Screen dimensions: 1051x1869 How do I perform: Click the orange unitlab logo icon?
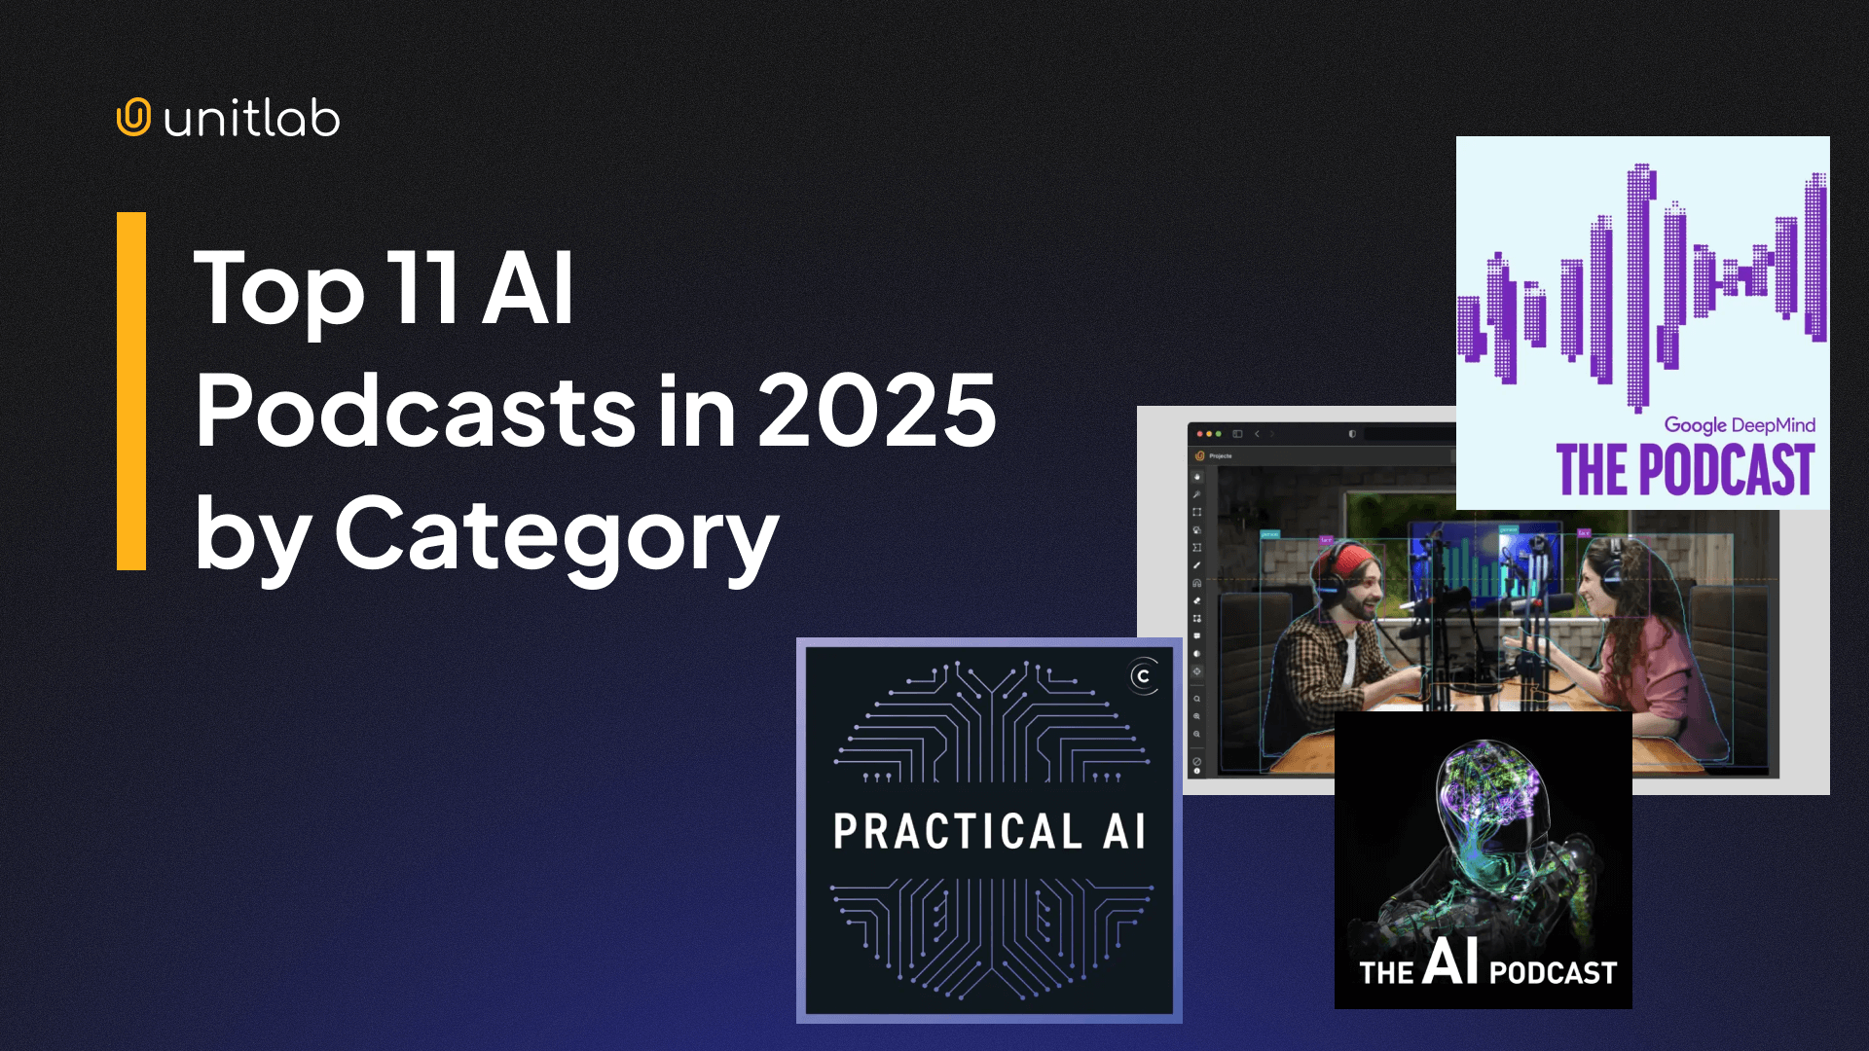point(133,118)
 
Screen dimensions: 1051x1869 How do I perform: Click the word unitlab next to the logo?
point(252,120)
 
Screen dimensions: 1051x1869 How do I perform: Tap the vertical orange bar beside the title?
point(131,390)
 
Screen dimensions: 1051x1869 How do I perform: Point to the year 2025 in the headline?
point(877,411)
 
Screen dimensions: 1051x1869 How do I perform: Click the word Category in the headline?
point(556,535)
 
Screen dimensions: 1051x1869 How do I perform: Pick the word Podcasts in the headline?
point(416,411)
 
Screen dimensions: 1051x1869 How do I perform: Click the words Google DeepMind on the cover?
point(1739,425)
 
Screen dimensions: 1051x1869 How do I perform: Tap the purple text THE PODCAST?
point(1685,470)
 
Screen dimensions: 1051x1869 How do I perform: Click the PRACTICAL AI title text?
point(990,832)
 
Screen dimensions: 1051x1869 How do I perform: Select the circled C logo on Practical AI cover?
point(1144,676)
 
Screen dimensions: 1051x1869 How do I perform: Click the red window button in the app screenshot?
point(1199,434)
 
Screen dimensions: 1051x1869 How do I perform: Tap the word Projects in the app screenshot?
point(1221,455)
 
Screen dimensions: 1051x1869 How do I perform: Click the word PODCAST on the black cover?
point(1552,972)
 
